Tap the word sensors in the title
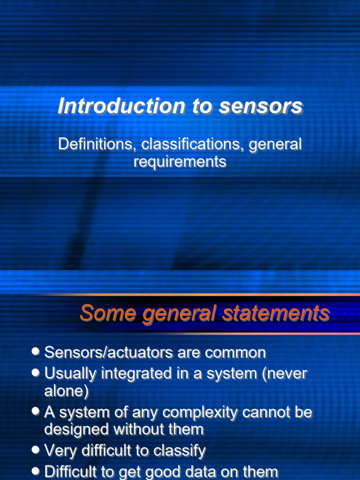point(261,106)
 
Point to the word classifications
point(193,144)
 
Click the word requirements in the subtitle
point(180,162)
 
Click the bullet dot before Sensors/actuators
point(36,352)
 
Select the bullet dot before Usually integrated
point(36,373)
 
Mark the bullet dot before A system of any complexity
point(36,411)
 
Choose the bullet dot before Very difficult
point(36,450)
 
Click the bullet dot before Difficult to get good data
point(36,471)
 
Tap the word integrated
point(136,374)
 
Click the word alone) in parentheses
point(66,391)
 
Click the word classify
point(180,451)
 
